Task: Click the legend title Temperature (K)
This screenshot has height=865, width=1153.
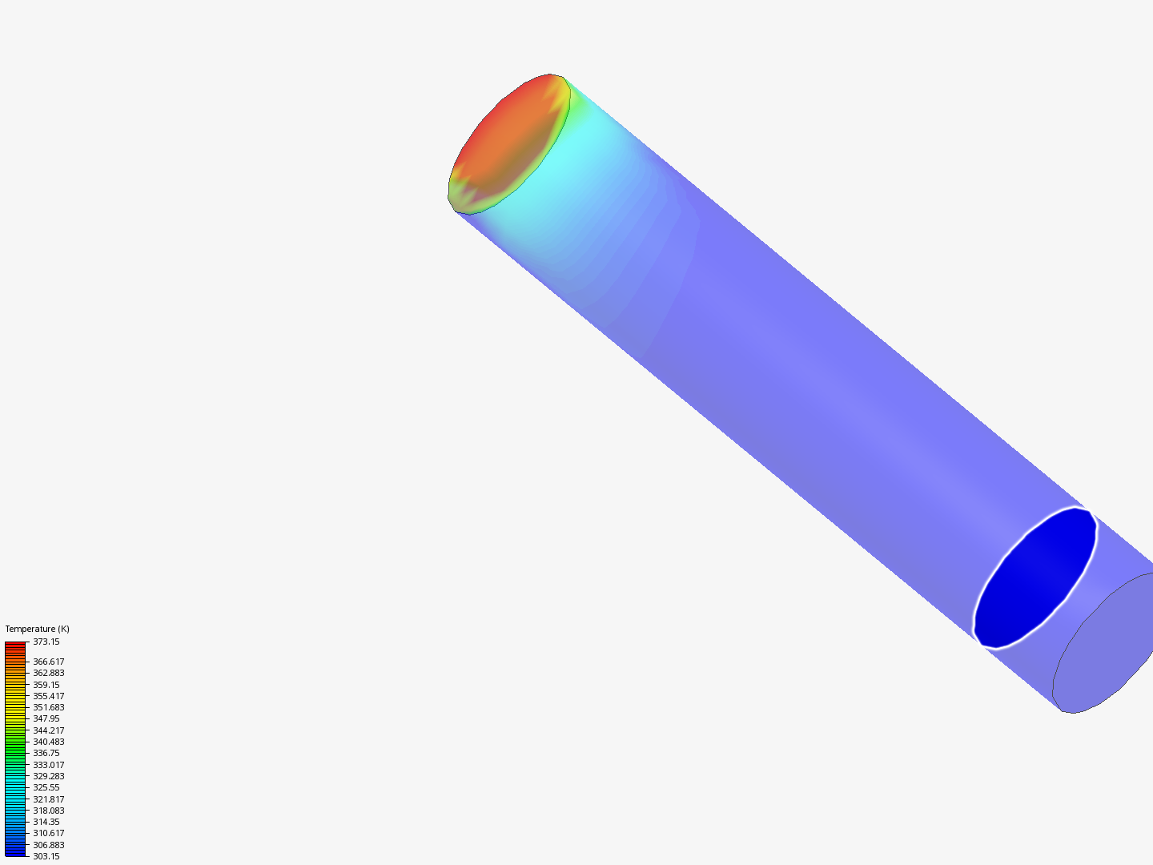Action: [x=37, y=629]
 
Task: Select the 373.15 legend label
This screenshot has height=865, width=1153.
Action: [x=46, y=642]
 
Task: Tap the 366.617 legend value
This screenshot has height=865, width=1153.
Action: [x=48, y=662]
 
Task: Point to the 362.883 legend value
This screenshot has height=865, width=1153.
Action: [x=48, y=673]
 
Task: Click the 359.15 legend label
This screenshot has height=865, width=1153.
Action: [x=46, y=685]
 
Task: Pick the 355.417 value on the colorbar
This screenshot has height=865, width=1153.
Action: [x=48, y=696]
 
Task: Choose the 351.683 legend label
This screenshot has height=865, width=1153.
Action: [x=48, y=707]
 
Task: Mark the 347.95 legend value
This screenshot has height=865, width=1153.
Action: [x=46, y=718]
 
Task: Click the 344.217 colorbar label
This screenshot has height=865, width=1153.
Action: [x=48, y=730]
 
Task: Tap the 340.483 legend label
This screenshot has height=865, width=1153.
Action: [x=48, y=742]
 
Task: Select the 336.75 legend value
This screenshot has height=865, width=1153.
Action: [x=46, y=753]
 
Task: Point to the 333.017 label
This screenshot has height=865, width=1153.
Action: [x=48, y=765]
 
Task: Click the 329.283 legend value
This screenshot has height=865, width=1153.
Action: [x=48, y=776]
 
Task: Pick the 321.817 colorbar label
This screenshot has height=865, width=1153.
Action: [x=48, y=799]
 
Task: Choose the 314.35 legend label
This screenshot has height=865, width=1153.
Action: [x=46, y=822]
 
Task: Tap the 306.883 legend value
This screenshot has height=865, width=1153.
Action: [x=48, y=845]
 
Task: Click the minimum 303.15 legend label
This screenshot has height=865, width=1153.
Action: [x=46, y=856]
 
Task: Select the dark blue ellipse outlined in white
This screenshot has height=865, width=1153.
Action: [x=1035, y=577]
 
